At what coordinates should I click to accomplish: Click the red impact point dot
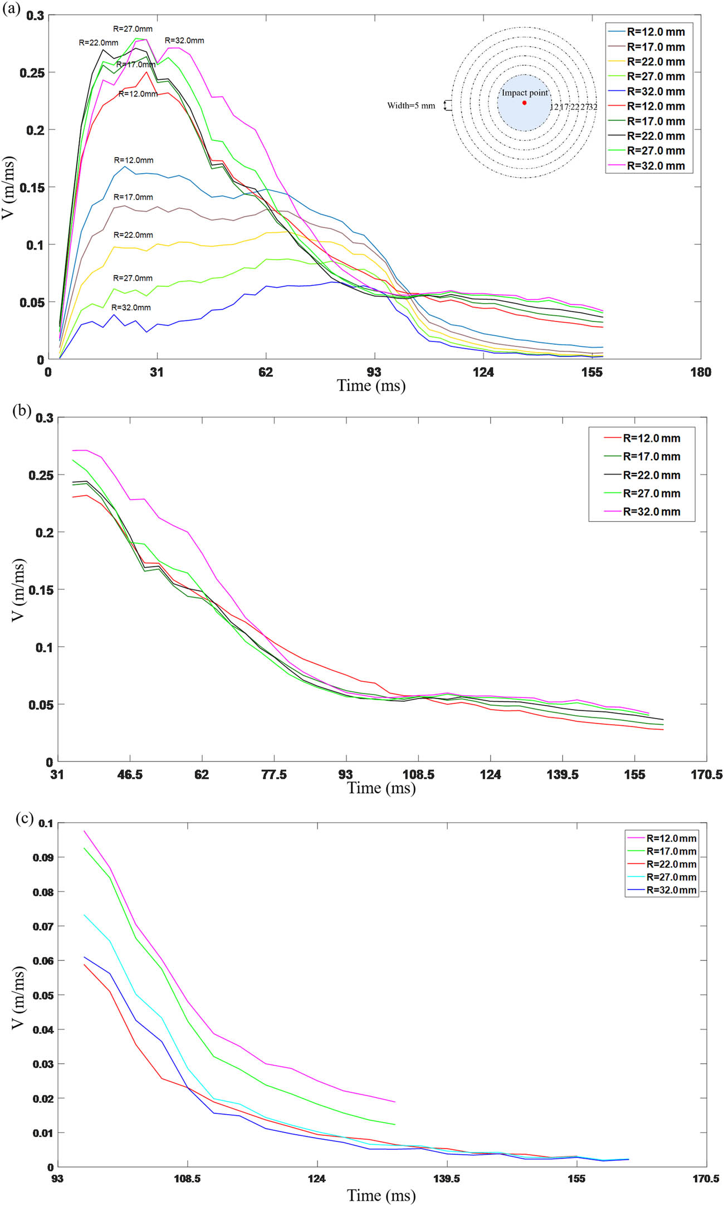[524, 103]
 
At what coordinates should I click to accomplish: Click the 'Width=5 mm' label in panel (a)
[411, 105]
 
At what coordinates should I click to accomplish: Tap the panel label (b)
[22, 411]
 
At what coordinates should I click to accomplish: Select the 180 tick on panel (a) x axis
[700, 372]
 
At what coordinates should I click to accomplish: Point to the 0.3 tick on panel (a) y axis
[35, 16]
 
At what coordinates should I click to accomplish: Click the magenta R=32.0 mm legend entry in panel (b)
[651, 511]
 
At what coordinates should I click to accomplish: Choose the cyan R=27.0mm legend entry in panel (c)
[671, 877]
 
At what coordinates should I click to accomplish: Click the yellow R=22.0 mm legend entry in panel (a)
[655, 62]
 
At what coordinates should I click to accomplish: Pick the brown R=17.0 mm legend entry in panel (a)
[655, 47]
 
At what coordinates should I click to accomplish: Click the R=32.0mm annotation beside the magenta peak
[184, 41]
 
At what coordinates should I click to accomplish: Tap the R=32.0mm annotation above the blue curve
[131, 307]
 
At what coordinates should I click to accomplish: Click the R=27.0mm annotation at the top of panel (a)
[133, 29]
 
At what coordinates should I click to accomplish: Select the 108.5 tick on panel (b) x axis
[418, 774]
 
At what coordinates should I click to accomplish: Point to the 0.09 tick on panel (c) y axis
[43, 857]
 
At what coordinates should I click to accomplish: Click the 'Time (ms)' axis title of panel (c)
[381, 1195]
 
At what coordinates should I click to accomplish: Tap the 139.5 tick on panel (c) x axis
[447, 1179]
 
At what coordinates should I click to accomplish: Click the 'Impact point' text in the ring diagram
[525, 93]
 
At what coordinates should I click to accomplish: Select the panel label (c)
[24, 818]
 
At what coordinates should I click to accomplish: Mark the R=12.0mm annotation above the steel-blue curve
[134, 160]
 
